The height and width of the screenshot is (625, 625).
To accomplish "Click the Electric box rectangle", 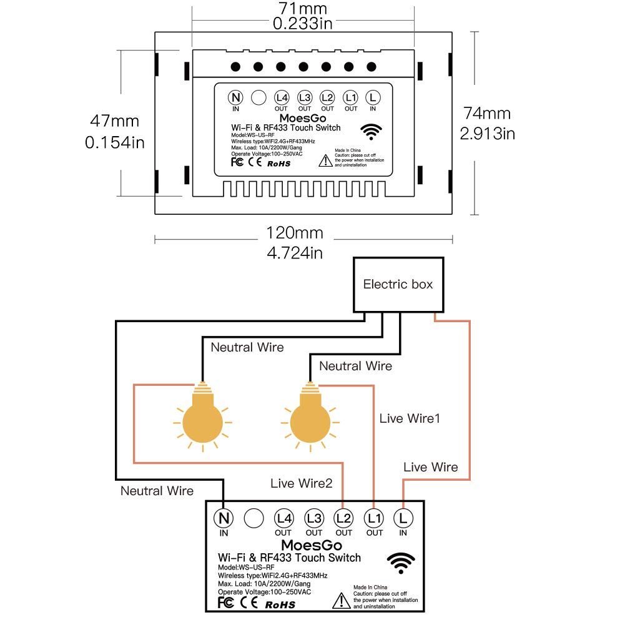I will (398, 285).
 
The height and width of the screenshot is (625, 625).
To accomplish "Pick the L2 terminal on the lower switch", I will (344, 518).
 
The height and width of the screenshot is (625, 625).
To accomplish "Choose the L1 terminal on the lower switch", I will (374, 518).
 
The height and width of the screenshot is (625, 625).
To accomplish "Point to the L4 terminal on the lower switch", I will (283, 518).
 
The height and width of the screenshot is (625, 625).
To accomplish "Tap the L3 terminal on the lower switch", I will (314, 518).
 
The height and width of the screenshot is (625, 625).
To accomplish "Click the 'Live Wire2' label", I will (302, 483).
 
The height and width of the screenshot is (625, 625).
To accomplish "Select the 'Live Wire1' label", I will (410, 418).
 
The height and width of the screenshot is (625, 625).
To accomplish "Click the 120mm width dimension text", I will (295, 233).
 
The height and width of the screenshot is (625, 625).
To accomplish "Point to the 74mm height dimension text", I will (487, 113).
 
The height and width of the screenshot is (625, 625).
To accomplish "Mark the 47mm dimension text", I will (115, 121).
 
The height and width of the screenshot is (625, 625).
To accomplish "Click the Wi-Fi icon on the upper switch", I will (373, 131).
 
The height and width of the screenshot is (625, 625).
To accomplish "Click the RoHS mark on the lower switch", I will (280, 604).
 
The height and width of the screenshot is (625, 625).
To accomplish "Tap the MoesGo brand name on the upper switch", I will (284, 118).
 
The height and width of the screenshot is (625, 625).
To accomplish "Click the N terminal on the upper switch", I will (235, 97).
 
